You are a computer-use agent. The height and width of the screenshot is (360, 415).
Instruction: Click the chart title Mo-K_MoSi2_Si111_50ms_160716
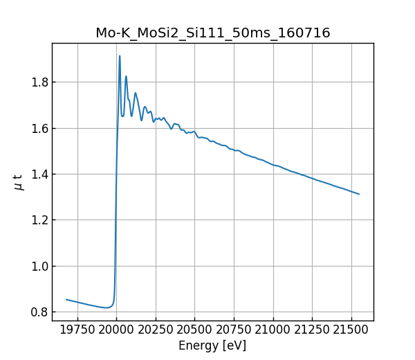[x=212, y=33]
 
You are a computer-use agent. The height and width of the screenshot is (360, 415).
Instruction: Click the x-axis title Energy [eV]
[x=212, y=345]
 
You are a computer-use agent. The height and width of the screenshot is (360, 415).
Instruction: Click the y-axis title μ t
[x=19, y=182]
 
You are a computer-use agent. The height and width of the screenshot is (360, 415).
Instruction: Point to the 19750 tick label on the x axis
[x=77, y=330]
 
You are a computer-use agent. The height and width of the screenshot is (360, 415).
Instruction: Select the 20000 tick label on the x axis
[x=116, y=330]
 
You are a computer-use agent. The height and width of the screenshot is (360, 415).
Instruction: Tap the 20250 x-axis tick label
[x=156, y=330]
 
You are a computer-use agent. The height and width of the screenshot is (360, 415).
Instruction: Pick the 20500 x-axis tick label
[x=194, y=330]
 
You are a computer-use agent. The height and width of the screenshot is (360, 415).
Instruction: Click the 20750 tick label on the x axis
[x=234, y=330]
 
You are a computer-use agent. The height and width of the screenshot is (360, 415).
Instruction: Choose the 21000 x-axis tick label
[x=273, y=330]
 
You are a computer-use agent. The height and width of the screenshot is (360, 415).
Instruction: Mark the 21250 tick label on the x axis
[x=312, y=330]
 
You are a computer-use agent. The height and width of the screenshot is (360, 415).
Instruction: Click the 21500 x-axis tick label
[x=351, y=330]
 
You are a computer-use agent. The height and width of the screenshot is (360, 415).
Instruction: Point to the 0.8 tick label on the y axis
[x=40, y=312]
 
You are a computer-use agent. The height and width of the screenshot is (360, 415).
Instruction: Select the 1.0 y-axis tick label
[x=40, y=267]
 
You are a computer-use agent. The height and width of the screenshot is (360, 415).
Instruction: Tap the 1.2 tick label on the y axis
[x=40, y=220]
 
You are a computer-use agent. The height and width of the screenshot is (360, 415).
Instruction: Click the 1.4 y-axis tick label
[x=40, y=174]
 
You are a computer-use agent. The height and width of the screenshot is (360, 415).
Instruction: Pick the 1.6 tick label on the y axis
[x=40, y=129]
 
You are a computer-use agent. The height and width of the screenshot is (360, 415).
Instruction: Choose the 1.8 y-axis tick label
[x=40, y=82]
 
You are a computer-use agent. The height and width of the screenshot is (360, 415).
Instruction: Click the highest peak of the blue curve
[x=120, y=56]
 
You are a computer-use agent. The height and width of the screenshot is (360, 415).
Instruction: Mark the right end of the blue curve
[x=359, y=194]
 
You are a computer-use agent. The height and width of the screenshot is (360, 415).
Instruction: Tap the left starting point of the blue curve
[x=66, y=300]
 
